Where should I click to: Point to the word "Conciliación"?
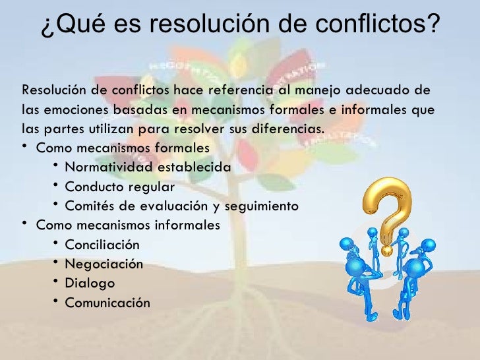tap(102, 245)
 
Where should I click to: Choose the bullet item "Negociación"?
tap(104, 264)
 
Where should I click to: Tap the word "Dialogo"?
tap(90, 283)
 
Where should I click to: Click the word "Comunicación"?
tap(107, 303)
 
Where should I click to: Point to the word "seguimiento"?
tap(262, 206)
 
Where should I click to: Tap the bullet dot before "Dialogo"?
tap(57, 282)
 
